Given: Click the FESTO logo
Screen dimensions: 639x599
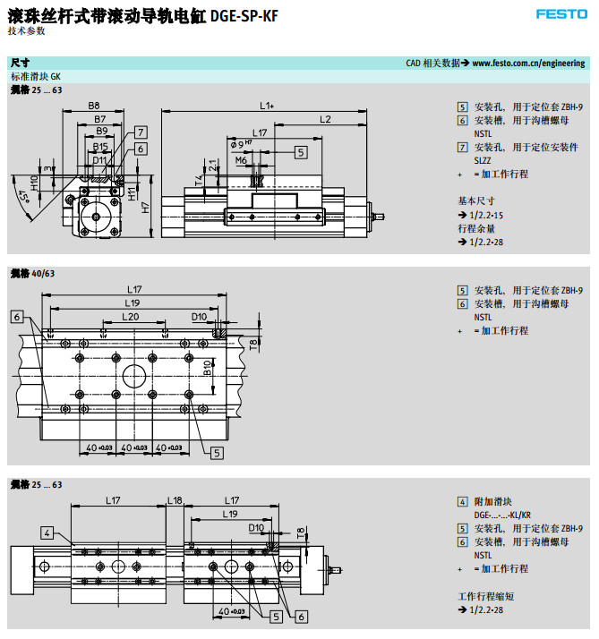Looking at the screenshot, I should coord(561,13).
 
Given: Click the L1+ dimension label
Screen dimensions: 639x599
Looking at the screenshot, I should coord(267,106).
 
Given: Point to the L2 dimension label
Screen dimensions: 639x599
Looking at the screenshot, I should coord(325,120).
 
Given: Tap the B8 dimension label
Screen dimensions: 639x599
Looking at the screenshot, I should coord(94,106).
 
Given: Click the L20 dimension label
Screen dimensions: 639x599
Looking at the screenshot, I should coord(131,317).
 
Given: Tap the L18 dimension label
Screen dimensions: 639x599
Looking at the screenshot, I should coord(175,500).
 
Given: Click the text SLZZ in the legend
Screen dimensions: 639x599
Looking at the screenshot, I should coord(484,160).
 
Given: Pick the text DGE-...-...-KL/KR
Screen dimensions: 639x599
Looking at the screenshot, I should coord(502,515).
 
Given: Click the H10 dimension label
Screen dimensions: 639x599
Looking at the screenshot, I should coord(34,183).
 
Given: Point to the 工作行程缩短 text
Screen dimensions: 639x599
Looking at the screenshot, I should coord(486,596).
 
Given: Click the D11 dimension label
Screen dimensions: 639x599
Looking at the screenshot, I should coord(98,160).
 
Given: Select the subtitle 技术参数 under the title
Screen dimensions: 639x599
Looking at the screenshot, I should coord(26,30).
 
